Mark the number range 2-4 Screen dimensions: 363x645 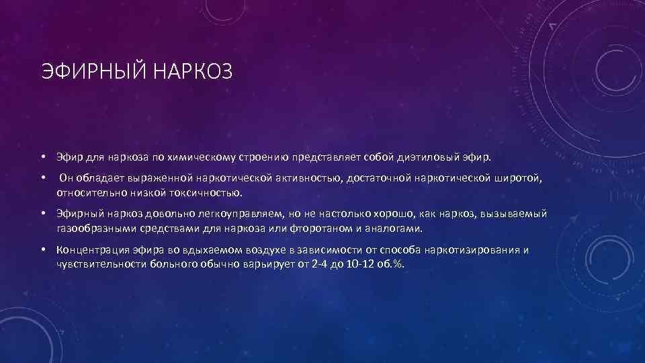click(x=325, y=264)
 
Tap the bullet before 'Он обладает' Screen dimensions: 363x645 click(x=42, y=179)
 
